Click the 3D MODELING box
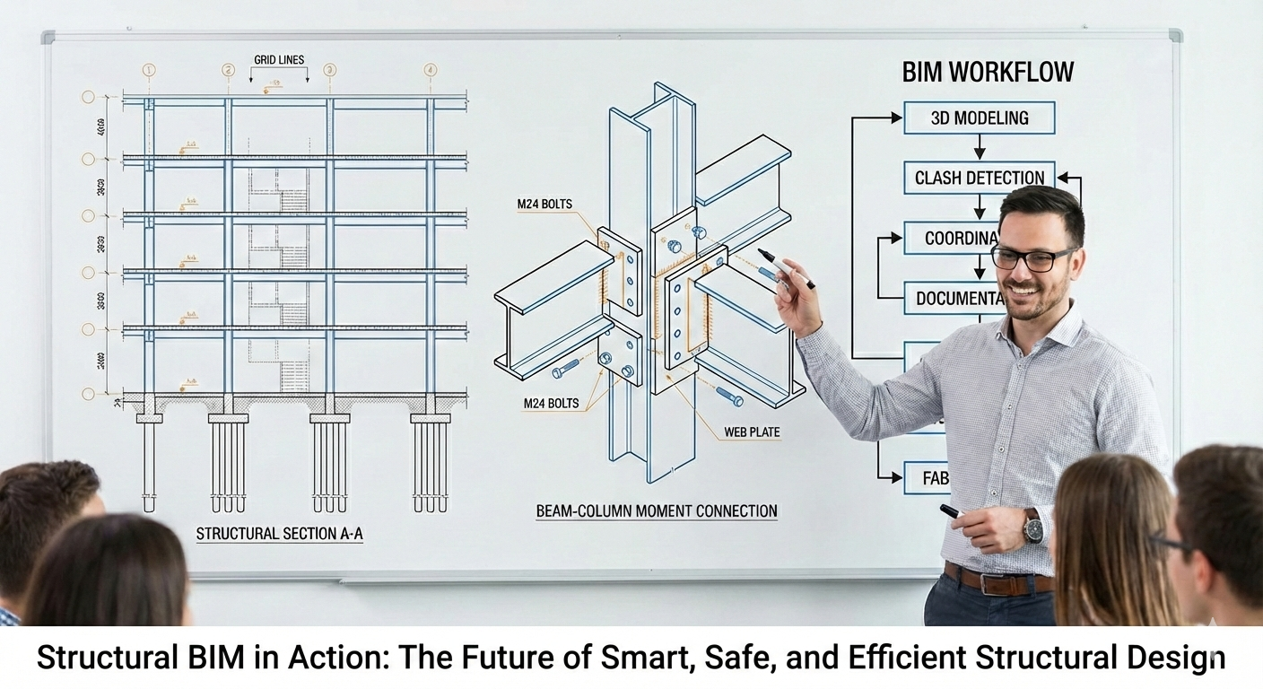point(979,118)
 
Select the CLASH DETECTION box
point(979,178)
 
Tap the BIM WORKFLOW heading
point(988,73)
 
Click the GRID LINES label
point(279,60)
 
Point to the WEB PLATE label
point(752,432)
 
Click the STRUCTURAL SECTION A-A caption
point(280,534)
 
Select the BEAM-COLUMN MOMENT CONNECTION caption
point(657,511)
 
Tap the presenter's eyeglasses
point(1033,258)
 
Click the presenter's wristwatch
point(1033,526)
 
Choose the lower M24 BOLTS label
point(552,404)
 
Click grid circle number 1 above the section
point(149,70)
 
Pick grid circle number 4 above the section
point(431,70)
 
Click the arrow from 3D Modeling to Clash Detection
point(979,147)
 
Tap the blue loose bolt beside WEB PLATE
point(728,395)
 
